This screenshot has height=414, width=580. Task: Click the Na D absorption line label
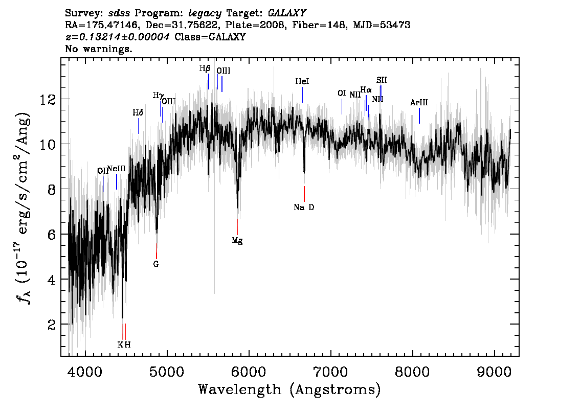tap(304, 208)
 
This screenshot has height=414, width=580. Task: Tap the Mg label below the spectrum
tap(237, 241)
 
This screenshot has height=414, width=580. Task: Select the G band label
tap(155, 264)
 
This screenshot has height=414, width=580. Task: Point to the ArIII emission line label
tap(419, 102)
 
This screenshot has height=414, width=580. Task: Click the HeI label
tap(302, 81)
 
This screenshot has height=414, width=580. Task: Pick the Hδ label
tap(138, 112)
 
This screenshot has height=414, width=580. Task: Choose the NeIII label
tap(117, 169)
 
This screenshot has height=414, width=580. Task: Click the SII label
tap(382, 80)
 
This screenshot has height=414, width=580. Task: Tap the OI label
tap(342, 93)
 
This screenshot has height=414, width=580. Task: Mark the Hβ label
tap(205, 68)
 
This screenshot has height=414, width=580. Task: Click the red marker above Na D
tap(304, 194)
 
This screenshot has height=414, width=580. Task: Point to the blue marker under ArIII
tap(419, 116)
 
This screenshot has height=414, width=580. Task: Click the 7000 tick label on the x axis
tap(330, 372)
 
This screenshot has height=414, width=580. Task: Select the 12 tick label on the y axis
tap(48, 100)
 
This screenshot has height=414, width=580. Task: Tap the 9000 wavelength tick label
tap(494, 372)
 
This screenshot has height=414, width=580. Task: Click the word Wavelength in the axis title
tap(240, 389)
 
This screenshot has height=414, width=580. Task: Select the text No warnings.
tap(98, 49)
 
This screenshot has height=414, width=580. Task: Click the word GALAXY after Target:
tap(287, 13)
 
